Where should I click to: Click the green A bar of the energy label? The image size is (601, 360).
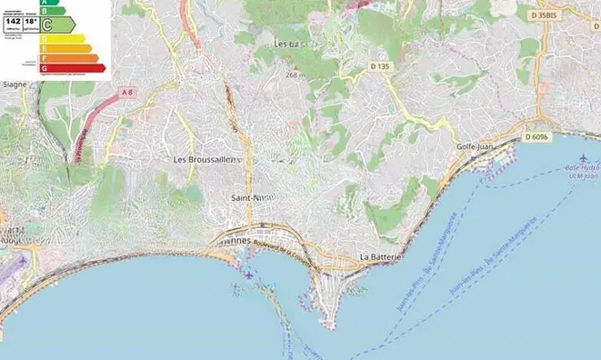47,4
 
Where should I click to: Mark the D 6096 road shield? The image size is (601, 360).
538,137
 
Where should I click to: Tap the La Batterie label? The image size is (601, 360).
381,256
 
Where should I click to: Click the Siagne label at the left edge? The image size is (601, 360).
15,85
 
